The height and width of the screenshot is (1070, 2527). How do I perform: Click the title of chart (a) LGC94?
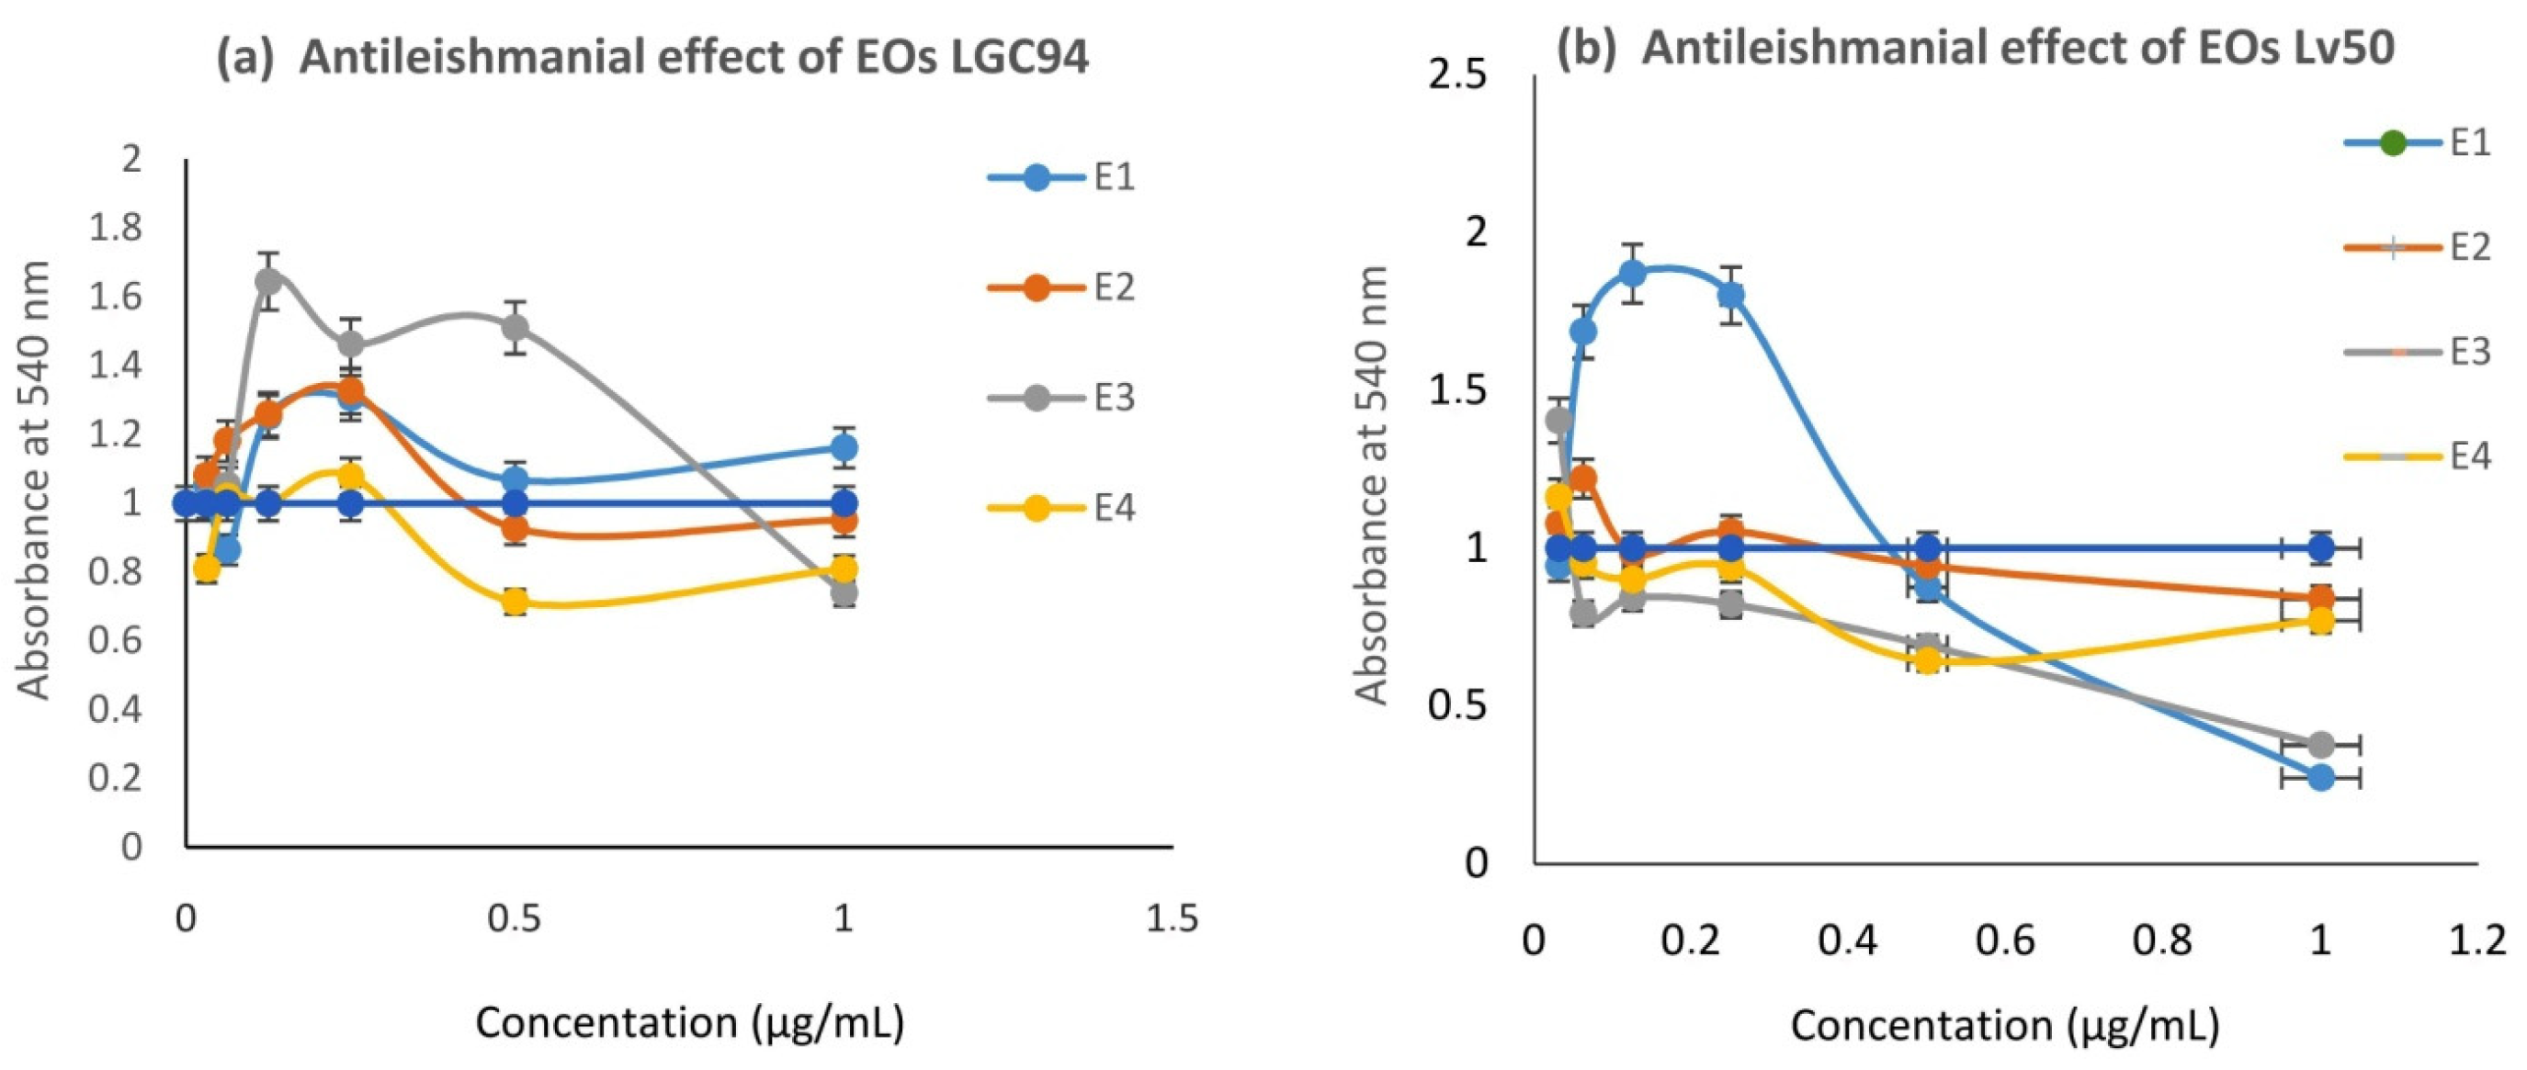pyautogui.click(x=652, y=59)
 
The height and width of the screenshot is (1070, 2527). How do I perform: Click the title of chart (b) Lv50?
pyautogui.click(x=1977, y=47)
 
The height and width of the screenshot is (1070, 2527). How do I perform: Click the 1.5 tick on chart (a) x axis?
pyautogui.click(x=1173, y=919)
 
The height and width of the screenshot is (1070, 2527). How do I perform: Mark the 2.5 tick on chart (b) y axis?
pyautogui.click(x=1458, y=76)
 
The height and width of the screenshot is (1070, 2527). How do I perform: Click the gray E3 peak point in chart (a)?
pyautogui.click(x=267, y=280)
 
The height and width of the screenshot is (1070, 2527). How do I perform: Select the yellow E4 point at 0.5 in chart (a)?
pyautogui.click(x=515, y=603)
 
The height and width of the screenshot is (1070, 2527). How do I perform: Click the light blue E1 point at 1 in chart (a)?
pyautogui.click(x=844, y=447)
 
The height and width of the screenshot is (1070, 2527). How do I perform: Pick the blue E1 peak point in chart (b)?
pyautogui.click(x=1632, y=273)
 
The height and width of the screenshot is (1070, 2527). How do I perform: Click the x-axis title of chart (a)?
pyautogui.click(x=689, y=1023)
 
